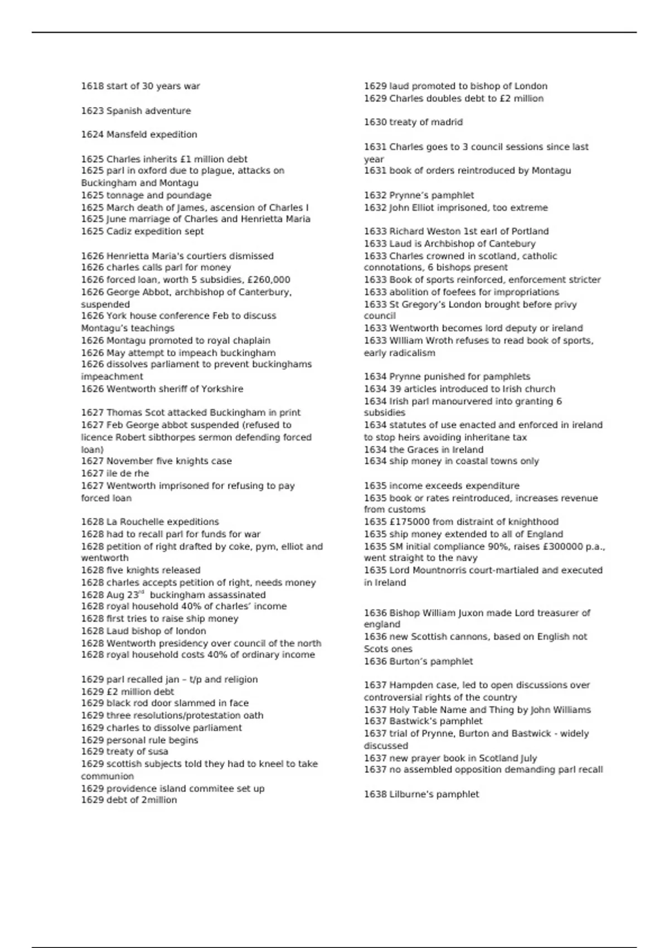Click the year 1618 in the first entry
point(92,86)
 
